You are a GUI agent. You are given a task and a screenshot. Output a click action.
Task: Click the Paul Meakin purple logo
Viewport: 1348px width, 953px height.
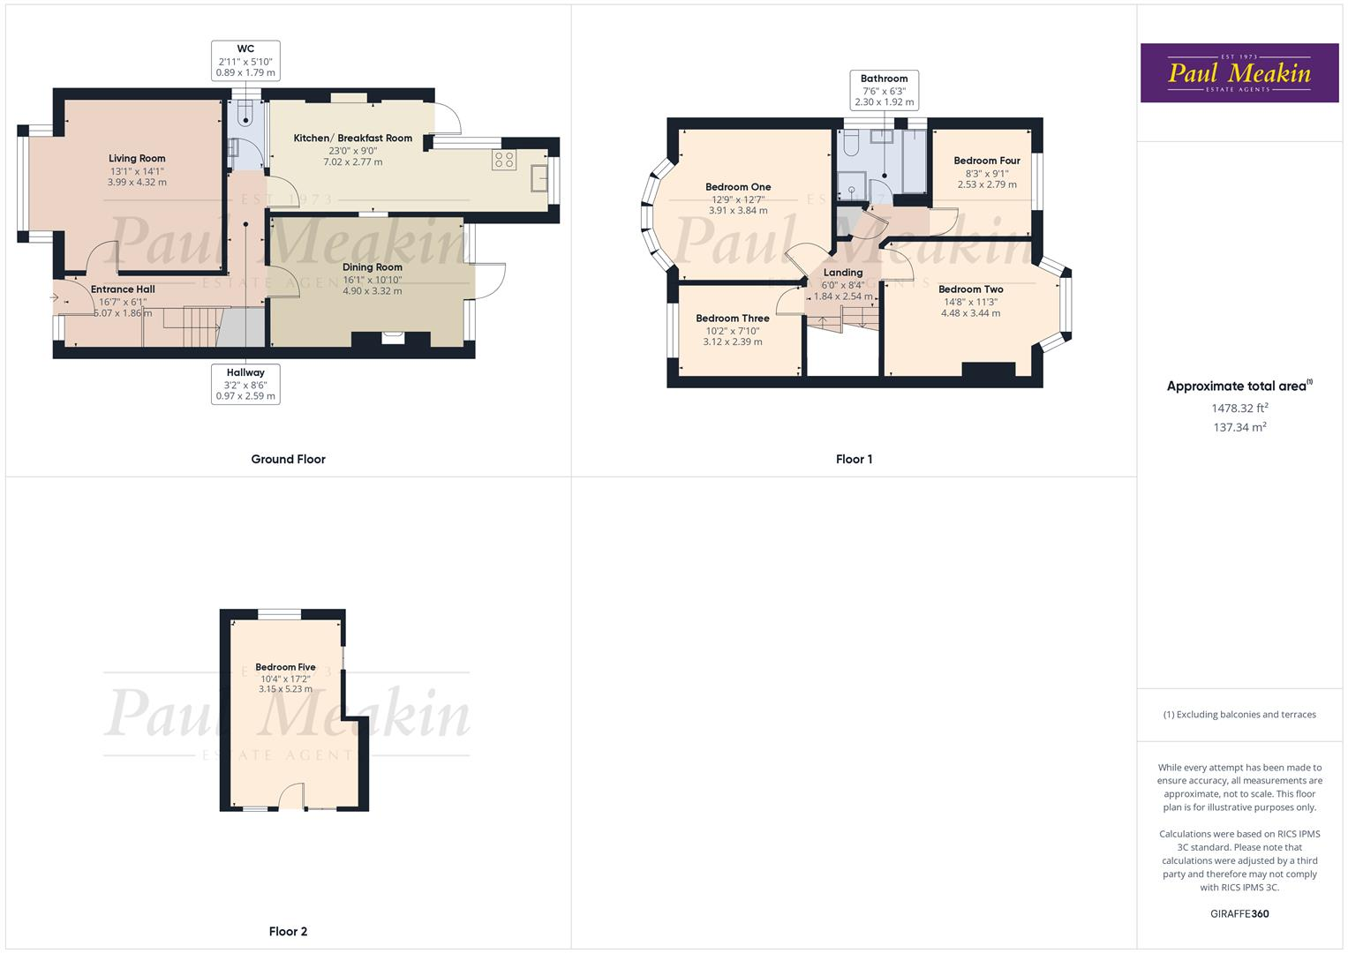tap(1239, 72)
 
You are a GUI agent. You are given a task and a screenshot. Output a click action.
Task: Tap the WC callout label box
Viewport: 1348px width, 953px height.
tap(245, 61)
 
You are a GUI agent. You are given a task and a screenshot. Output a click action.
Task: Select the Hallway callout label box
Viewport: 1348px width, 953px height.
tap(245, 385)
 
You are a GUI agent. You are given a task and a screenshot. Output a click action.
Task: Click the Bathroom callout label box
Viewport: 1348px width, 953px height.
tap(884, 90)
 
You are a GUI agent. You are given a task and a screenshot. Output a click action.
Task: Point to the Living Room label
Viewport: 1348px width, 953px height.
tap(137, 159)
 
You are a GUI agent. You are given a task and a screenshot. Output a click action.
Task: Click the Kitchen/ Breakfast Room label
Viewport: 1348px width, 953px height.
tap(353, 139)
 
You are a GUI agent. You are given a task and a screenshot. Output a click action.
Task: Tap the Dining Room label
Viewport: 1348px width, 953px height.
tap(373, 267)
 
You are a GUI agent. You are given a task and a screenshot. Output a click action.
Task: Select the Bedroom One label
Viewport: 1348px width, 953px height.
tap(738, 187)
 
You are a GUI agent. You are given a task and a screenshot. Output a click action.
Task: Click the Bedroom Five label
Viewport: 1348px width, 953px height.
tap(285, 667)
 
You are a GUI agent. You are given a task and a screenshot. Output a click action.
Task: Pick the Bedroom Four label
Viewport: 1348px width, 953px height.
tap(987, 161)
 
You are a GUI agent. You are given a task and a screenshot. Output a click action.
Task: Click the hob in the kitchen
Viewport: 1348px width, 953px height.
tap(505, 160)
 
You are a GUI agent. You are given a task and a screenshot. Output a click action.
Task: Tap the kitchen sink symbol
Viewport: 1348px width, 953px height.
tap(538, 179)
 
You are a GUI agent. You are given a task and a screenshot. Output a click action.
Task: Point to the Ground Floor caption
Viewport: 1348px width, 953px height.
tap(288, 459)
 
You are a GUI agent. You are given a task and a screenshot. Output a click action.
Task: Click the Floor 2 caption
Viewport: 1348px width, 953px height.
tap(288, 931)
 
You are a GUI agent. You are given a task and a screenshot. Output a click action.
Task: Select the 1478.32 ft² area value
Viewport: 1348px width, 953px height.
tap(1239, 408)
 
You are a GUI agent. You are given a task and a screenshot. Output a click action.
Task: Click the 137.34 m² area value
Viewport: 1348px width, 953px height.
tap(1239, 427)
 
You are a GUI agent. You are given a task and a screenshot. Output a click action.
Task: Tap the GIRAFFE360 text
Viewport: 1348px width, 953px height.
tap(1239, 913)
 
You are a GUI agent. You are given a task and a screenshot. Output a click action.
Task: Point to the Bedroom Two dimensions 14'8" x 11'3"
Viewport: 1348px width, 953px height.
tap(970, 302)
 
